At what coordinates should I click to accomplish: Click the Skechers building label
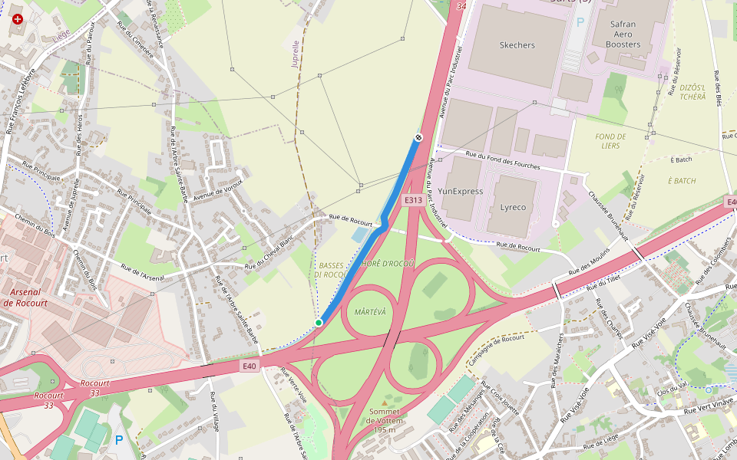click(x=517, y=45)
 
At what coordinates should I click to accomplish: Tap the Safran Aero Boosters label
click(x=623, y=34)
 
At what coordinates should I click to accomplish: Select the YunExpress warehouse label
click(x=461, y=191)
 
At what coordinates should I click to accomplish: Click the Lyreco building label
click(x=513, y=207)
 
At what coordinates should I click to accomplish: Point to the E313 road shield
click(x=413, y=200)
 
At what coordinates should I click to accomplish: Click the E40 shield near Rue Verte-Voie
click(x=249, y=366)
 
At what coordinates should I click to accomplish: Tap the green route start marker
click(x=319, y=323)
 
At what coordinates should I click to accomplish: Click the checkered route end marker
click(x=418, y=137)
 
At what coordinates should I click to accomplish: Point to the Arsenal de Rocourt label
click(x=25, y=297)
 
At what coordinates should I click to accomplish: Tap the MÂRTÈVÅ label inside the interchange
click(x=371, y=312)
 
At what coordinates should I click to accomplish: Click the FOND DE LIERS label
click(x=610, y=141)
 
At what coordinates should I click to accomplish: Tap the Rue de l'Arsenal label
click(x=143, y=272)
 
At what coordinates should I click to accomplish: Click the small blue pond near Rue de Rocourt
click(x=361, y=234)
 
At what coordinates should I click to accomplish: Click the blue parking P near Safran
click(x=580, y=22)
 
